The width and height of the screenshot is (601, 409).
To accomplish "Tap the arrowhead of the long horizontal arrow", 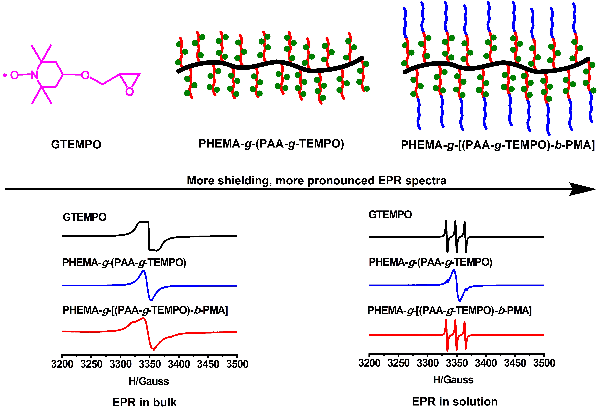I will pos(584,189).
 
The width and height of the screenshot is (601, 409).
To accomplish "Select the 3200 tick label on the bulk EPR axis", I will pos(62,364).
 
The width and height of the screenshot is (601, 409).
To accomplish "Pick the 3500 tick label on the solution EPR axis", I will pos(544,363).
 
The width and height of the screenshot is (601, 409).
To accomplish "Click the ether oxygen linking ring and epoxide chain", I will pos(85,75).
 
